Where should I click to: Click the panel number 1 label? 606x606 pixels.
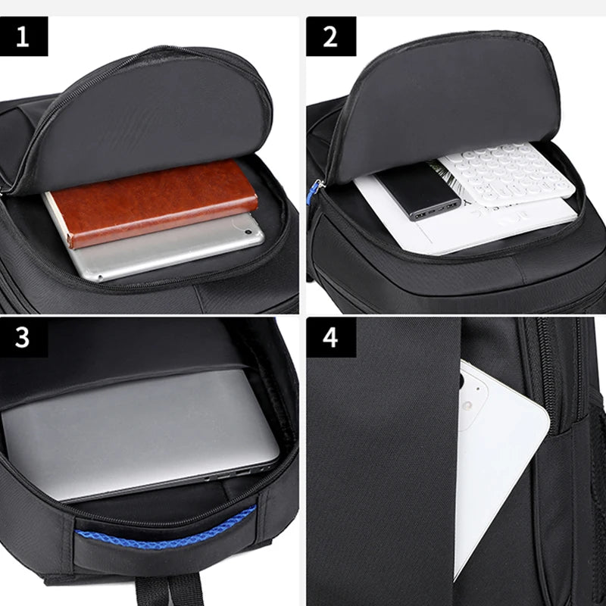(x=23, y=36)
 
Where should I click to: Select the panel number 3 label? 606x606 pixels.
(x=23, y=337)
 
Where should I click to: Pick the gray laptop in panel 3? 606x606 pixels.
(x=136, y=432)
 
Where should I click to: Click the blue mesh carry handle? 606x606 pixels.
(x=167, y=531)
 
